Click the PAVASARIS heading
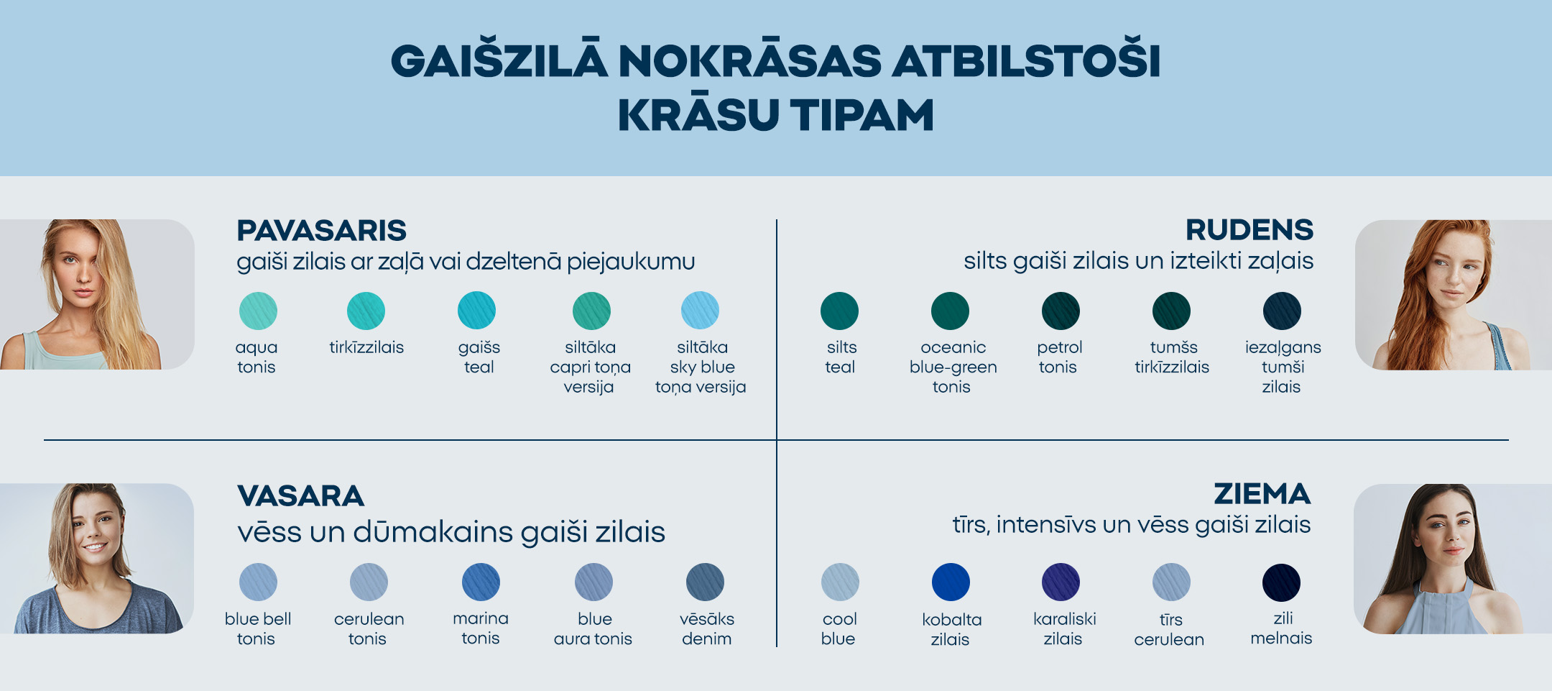tap(321, 231)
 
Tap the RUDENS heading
tap(1249, 230)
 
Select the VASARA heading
tap(300, 496)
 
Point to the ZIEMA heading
tap(1262, 494)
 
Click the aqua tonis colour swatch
tap(258, 311)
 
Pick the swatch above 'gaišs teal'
tap(476, 311)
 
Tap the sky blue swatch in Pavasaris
tap(700, 311)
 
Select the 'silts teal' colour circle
tap(839, 311)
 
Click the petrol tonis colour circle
tap(1061, 311)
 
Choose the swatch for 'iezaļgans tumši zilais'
tap(1282, 311)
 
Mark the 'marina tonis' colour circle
tap(481, 582)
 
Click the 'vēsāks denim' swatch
tap(705, 582)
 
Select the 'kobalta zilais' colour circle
tap(951, 582)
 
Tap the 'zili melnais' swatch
tap(1281, 582)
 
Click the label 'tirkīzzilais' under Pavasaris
tap(366, 347)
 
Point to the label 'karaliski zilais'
tap(1064, 628)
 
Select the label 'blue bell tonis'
tap(257, 628)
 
